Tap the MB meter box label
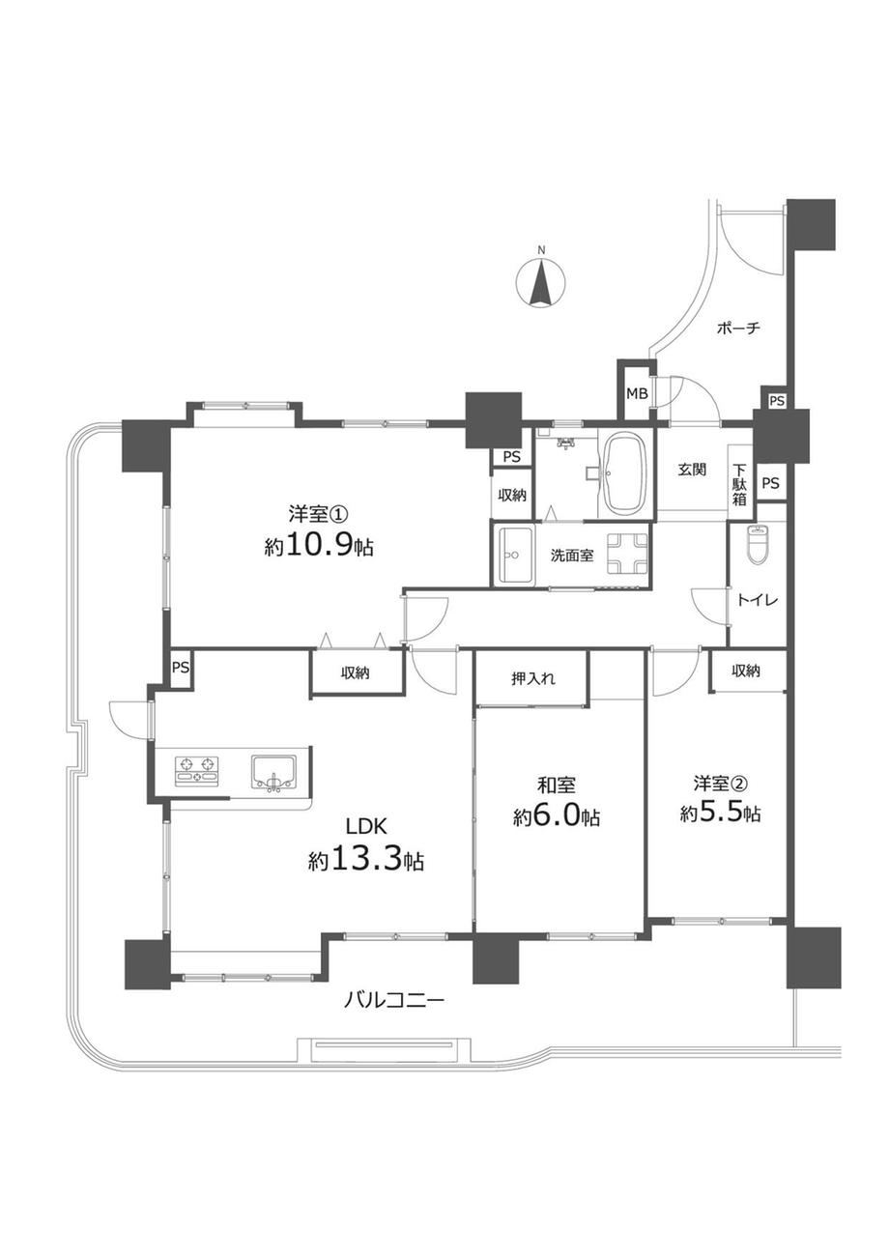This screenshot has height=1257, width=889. click(637, 393)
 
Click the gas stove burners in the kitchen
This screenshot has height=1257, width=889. click(196, 770)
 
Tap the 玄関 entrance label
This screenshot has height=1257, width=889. click(693, 470)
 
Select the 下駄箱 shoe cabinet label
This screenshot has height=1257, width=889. click(739, 484)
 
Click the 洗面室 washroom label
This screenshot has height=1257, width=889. click(571, 556)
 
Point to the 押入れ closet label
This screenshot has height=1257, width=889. click(533, 678)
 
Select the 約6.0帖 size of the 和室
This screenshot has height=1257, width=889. click(557, 817)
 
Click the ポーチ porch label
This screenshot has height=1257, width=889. click(738, 328)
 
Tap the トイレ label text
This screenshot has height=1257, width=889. click(758, 600)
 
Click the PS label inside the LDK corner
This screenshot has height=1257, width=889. click(180, 668)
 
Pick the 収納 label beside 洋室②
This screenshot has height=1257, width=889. click(746, 670)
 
